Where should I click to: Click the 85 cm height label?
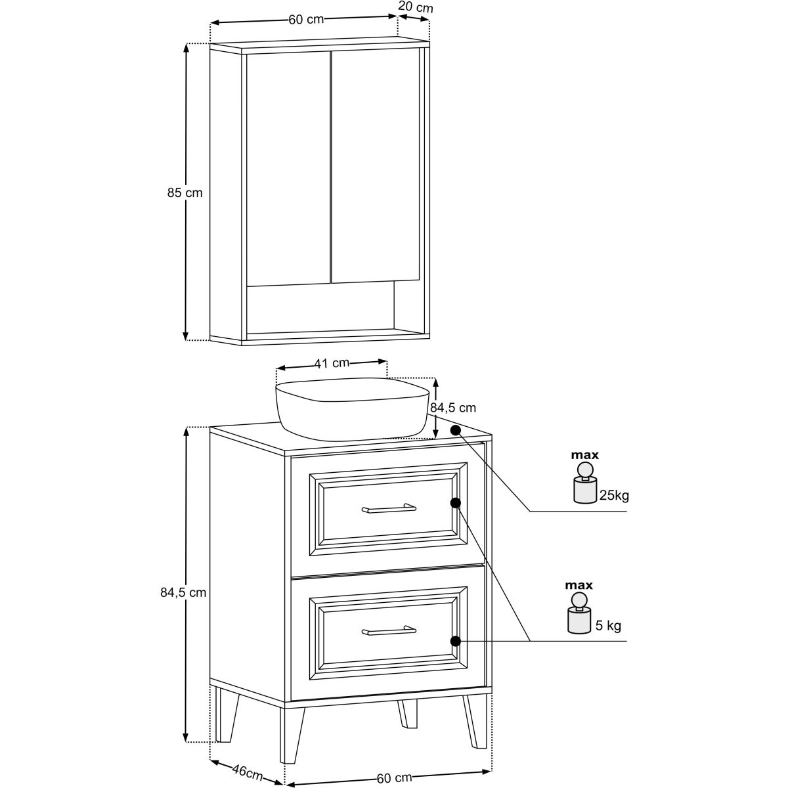tap(185, 192)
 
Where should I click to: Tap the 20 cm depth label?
tap(415, 7)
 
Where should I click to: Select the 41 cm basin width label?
tap(332, 362)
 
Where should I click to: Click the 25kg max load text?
tap(614, 496)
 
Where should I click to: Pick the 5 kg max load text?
tap(608, 625)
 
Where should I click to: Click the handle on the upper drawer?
tap(389, 508)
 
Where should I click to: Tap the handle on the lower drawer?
tap(389, 631)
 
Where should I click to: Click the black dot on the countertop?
tap(456, 429)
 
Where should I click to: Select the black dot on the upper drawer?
tap(456, 503)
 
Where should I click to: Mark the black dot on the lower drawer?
tap(456, 642)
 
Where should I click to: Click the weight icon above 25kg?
tap(585, 483)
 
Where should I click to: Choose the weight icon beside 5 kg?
tap(579, 613)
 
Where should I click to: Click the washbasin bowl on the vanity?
tap(352, 409)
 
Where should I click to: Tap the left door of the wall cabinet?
tap(288, 168)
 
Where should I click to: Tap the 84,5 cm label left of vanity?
tap(183, 592)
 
